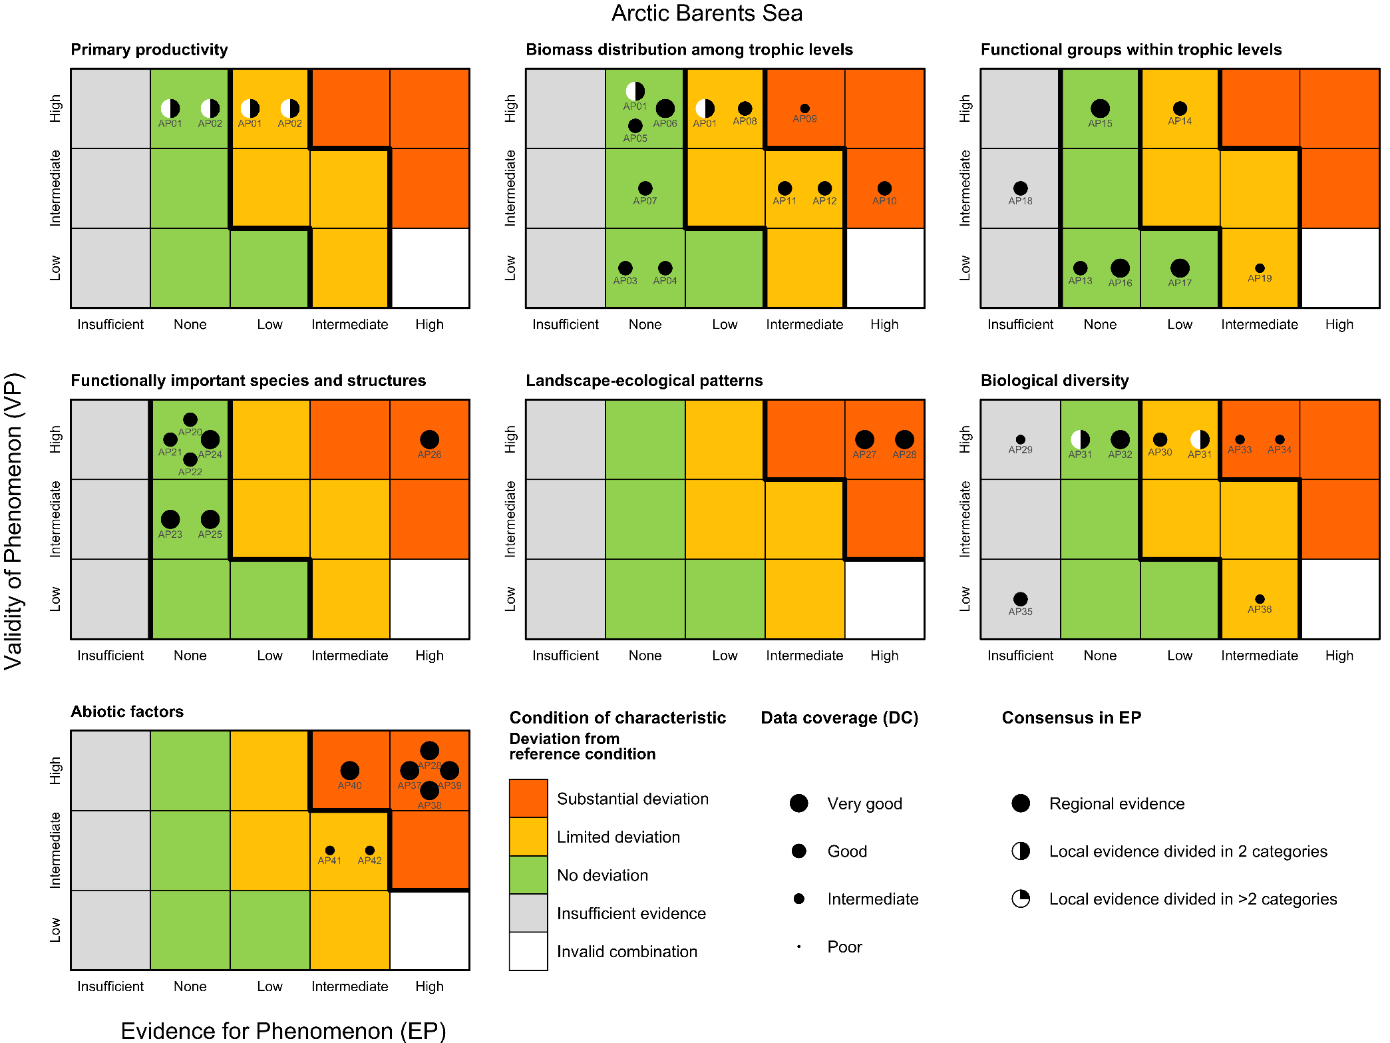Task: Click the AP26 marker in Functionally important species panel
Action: pos(429,439)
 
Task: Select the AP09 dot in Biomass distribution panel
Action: pos(804,108)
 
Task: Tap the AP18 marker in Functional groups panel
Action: pos(1020,188)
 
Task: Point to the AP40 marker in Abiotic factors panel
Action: pos(349,770)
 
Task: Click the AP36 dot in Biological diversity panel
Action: pos(1260,599)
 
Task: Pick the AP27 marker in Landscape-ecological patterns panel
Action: pos(864,439)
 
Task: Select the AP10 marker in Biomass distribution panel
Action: pos(884,188)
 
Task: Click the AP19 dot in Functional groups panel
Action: pos(1260,268)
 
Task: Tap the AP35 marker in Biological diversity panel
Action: pos(1020,599)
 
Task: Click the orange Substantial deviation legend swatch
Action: pos(528,798)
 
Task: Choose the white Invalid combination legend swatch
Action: pos(528,951)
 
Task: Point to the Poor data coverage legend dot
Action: pos(798,946)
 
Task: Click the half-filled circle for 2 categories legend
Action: pos(1021,851)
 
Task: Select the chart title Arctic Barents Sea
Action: pos(707,13)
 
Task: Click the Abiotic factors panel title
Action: pos(127,712)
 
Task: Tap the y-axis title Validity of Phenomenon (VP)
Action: pos(15,521)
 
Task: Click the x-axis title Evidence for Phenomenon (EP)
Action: pos(283,1030)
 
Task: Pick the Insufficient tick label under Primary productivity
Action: pos(110,324)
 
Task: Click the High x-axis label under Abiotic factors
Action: pos(429,986)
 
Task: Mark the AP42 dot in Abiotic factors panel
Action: pos(369,850)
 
